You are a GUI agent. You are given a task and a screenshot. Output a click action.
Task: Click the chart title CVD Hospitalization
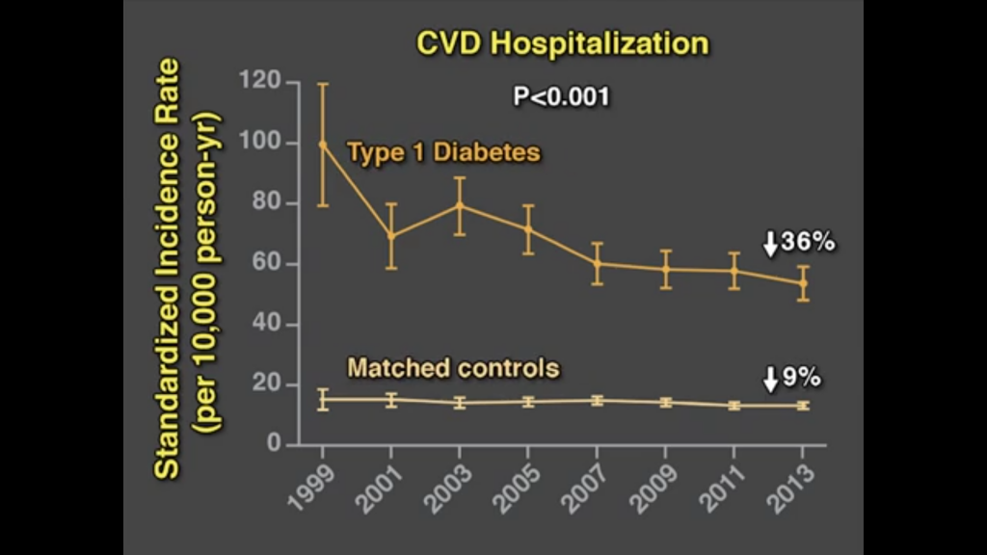click(x=562, y=43)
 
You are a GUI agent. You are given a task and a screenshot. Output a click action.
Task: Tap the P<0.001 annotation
click(x=562, y=96)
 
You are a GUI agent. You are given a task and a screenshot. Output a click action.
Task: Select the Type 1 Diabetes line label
click(x=443, y=152)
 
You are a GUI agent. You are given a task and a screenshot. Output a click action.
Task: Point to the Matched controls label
click(x=453, y=368)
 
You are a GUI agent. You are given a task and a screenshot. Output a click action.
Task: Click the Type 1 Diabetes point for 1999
click(x=323, y=145)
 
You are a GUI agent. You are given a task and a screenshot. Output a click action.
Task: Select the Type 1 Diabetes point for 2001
click(x=391, y=235)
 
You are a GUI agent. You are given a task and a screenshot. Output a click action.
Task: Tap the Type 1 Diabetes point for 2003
click(x=460, y=205)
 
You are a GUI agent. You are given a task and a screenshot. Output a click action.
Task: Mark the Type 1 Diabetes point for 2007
click(x=597, y=263)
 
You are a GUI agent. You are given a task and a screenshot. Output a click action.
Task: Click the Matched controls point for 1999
click(x=323, y=399)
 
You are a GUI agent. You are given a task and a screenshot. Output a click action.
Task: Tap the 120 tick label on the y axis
click(x=260, y=83)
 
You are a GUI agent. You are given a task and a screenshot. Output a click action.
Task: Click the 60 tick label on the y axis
click(x=266, y=264)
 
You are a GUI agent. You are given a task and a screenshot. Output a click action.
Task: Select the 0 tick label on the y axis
click(x=274, y=445)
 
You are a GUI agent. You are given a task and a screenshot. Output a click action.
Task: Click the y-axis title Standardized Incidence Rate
click(x=170, y=268)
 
